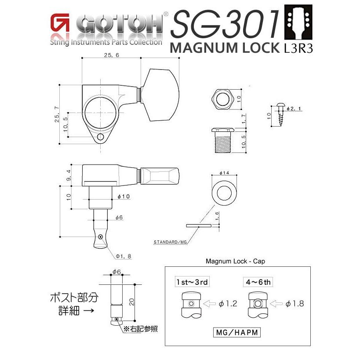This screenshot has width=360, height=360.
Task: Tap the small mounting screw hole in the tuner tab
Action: coord(101,137)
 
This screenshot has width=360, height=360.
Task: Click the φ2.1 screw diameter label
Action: coord(293,108)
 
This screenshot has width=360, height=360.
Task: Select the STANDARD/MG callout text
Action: coord(170,242)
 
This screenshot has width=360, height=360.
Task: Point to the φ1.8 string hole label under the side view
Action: coord(124,256)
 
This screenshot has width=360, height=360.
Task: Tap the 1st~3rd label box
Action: coord(190,281)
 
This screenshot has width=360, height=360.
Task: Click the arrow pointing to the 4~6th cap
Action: coord(276,303)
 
